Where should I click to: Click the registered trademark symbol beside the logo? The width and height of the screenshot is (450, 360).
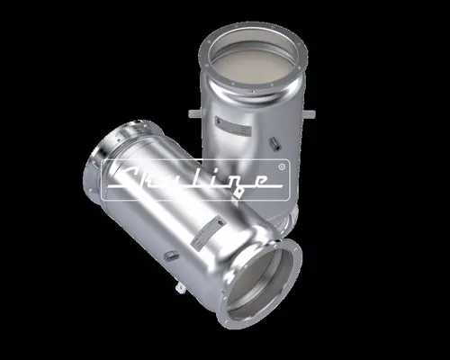coord(283,166)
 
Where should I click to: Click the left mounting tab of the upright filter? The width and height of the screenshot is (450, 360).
coord(193,113)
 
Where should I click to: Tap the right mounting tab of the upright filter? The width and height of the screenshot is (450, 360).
coord(310,114)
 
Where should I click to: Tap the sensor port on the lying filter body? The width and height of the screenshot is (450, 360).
coord(167,255)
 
